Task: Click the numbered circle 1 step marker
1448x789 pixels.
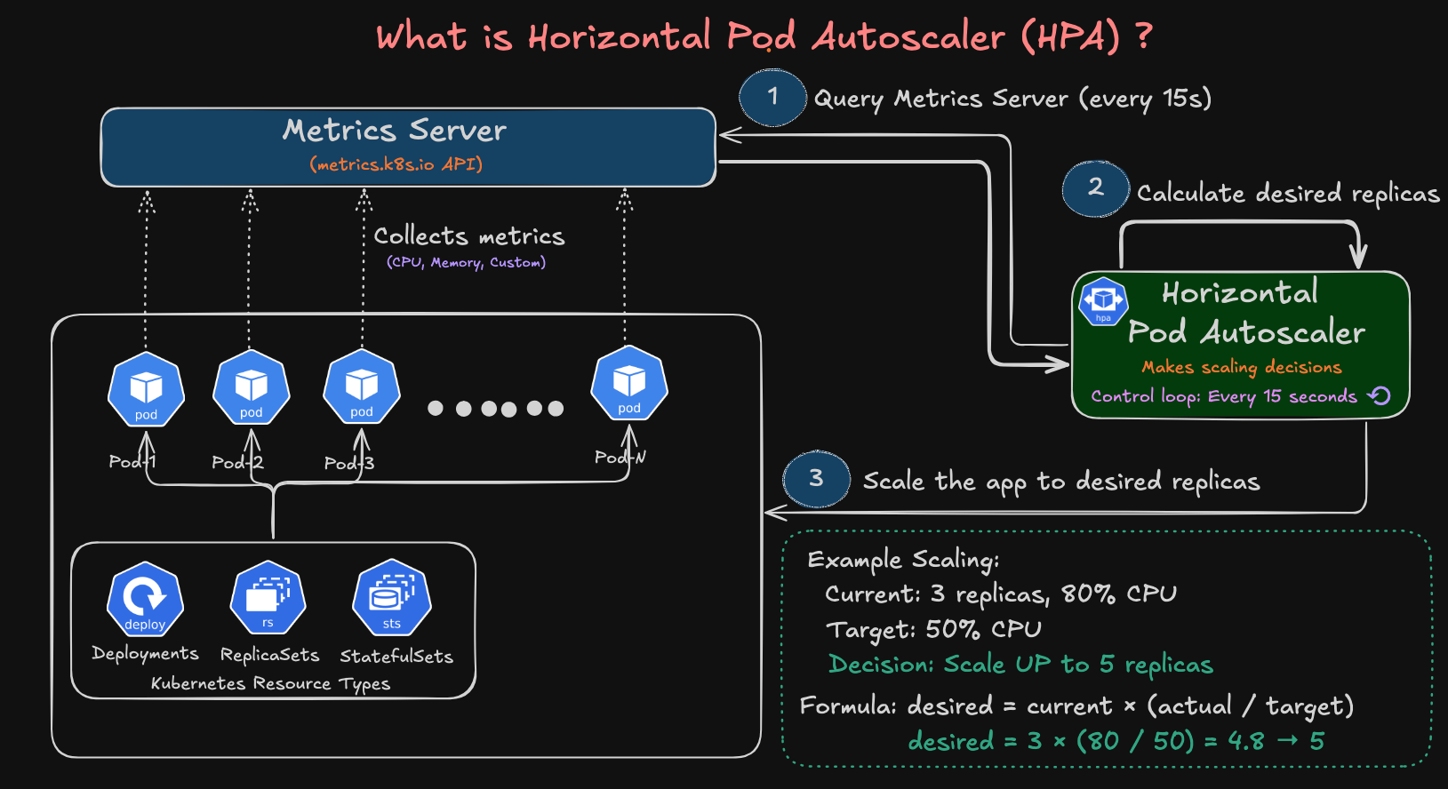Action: coord(772,97)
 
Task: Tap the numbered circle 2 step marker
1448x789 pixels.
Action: coord(1095,188)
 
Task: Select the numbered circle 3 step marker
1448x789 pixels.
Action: coord(816,479)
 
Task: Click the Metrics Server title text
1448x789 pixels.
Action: coord(395,131)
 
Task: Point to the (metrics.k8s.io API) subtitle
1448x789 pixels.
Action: coord(396,164)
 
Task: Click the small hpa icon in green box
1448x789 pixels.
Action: coord(1103,301)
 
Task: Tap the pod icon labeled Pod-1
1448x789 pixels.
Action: coord(146,390)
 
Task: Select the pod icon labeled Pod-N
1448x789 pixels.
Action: coord(629,384)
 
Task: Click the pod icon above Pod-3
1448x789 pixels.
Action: coord(361,387)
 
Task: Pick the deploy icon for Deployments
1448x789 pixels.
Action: coord(145,600)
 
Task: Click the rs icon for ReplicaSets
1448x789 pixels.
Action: coord(268,598)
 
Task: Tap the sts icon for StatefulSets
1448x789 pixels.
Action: coord(392,598)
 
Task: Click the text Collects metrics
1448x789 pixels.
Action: coord(468,236)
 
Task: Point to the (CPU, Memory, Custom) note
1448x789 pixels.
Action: coord(466,262)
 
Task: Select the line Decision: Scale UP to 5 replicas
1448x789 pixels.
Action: coord(1020,665)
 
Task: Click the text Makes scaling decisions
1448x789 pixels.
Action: coord(1241,367)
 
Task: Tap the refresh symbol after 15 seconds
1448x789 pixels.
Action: coord(1379,395)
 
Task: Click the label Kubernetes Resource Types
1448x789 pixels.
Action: coord(270,683)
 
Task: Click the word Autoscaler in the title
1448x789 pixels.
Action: coord(908,37)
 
